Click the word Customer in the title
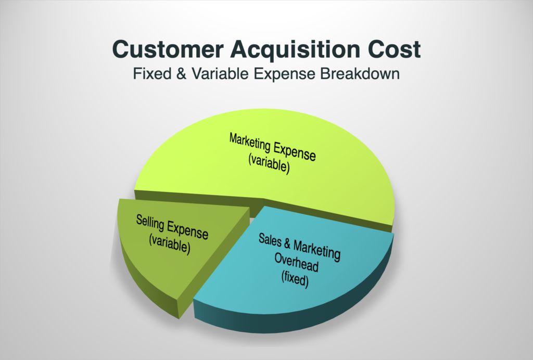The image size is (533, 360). coord(168,49)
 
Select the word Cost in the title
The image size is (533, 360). coord(394,49)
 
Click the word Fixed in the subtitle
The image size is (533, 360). coord(152,74)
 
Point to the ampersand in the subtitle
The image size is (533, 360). coord(181,74)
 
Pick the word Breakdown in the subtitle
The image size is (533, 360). coord(360,74)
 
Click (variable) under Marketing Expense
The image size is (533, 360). coord(269,163)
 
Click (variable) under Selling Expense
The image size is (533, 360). coord(170,243)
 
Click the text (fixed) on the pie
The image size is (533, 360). coord(295,279)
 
